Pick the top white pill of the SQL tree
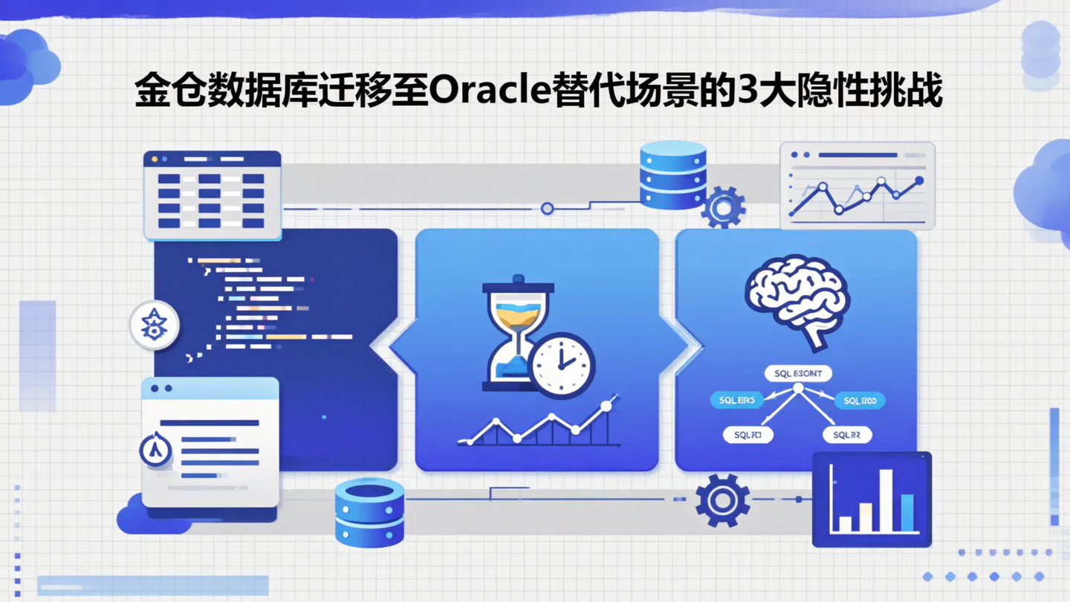[x=798, y=374]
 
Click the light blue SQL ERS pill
[x=736, y=401]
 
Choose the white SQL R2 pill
[x=846, y=435]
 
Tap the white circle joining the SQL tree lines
[x=798, y=389]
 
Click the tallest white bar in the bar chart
[x=886, y=499]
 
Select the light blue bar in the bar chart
[x=907, y=513]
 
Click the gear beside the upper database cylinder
[x=723, y=207]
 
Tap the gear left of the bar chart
[x=722, y=500]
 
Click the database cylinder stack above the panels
[x=672, y=175]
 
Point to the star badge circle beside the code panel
[x=154, y=325]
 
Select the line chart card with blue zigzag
[x=857, y=186]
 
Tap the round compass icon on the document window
[x=155, y=450]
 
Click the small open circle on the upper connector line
[x=548, y=209]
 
